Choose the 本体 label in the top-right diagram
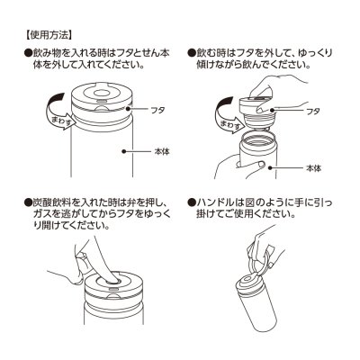[x=314, y=168]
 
